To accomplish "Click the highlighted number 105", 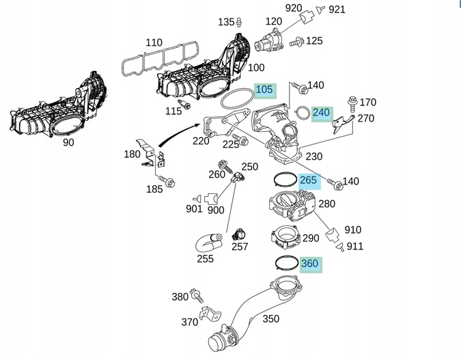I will pos(264,90).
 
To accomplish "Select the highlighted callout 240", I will pos(321,113).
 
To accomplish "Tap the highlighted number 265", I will pos(309,180).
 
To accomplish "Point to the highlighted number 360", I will pos(309,264).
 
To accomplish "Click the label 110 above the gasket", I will pos(154,43).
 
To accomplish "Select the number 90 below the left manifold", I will pos(68,143).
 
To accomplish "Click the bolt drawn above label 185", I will pos(169,182).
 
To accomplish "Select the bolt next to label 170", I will pos(352,104).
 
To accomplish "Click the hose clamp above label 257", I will pos(238,234).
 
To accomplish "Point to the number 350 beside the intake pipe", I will pos(270,318).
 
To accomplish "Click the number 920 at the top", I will pos(293,8).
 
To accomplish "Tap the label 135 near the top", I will pos(226,22).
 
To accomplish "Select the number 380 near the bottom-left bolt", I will pos(180,296).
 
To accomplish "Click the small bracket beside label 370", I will pos(208,316).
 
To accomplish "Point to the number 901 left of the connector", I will pos(194,209).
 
